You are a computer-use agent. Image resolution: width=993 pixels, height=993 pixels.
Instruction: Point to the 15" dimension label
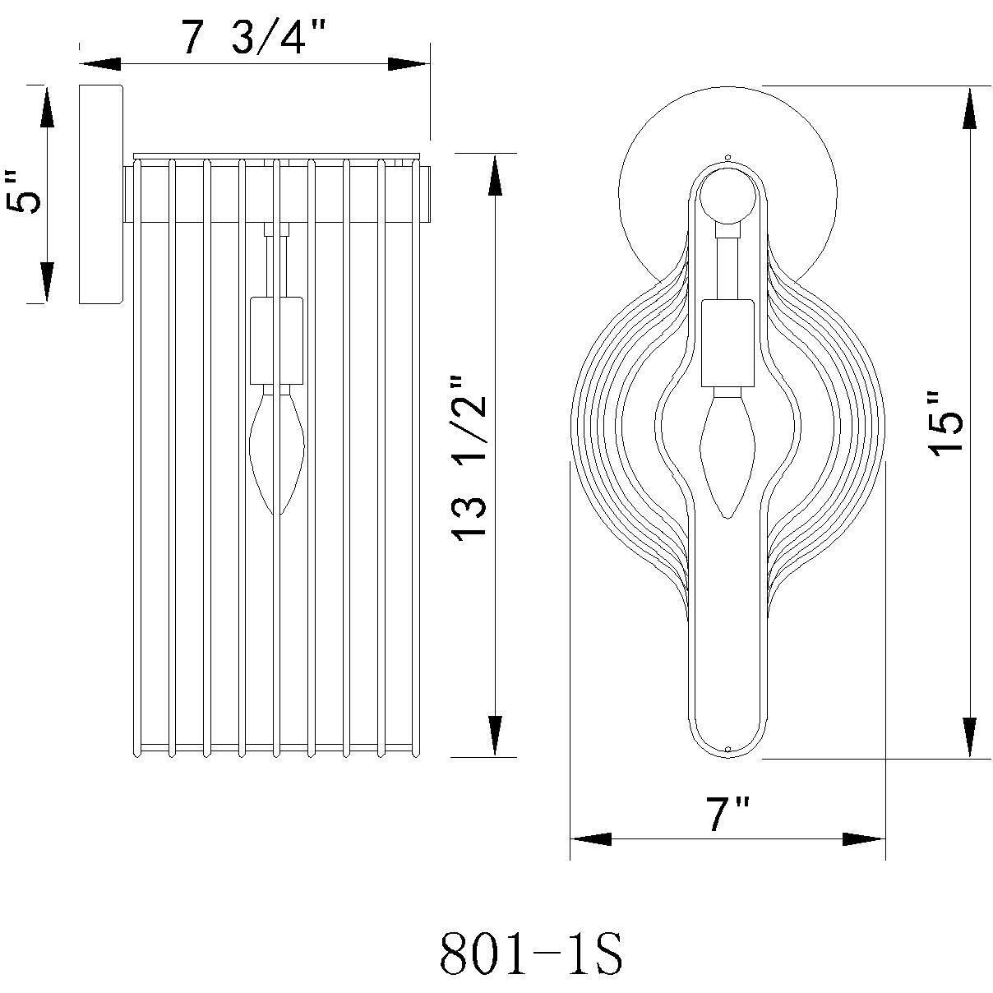[x=944, y=425]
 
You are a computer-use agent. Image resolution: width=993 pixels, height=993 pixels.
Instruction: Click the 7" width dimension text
[x=727, y=815]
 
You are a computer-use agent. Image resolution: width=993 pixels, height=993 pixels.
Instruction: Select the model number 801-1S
[x=530, y=954]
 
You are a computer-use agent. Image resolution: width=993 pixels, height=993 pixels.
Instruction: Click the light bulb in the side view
[x=277, y=452]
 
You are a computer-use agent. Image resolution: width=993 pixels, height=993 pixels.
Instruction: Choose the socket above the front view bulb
[x=727, y=343]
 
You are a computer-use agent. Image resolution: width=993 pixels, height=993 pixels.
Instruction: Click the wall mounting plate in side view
[x=100, y=193]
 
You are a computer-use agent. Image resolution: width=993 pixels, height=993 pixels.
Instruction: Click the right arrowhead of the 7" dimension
[x=864, y=839]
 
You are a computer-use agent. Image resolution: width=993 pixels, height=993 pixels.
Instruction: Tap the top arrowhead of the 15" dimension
[x=971, y=107]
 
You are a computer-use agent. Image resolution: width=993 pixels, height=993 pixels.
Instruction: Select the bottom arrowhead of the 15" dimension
[x=971, y=737]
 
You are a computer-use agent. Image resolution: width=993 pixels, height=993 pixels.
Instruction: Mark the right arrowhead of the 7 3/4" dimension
[x=409, y=63]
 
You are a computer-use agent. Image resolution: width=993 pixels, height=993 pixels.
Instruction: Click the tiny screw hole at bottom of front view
[x=728, y=748]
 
